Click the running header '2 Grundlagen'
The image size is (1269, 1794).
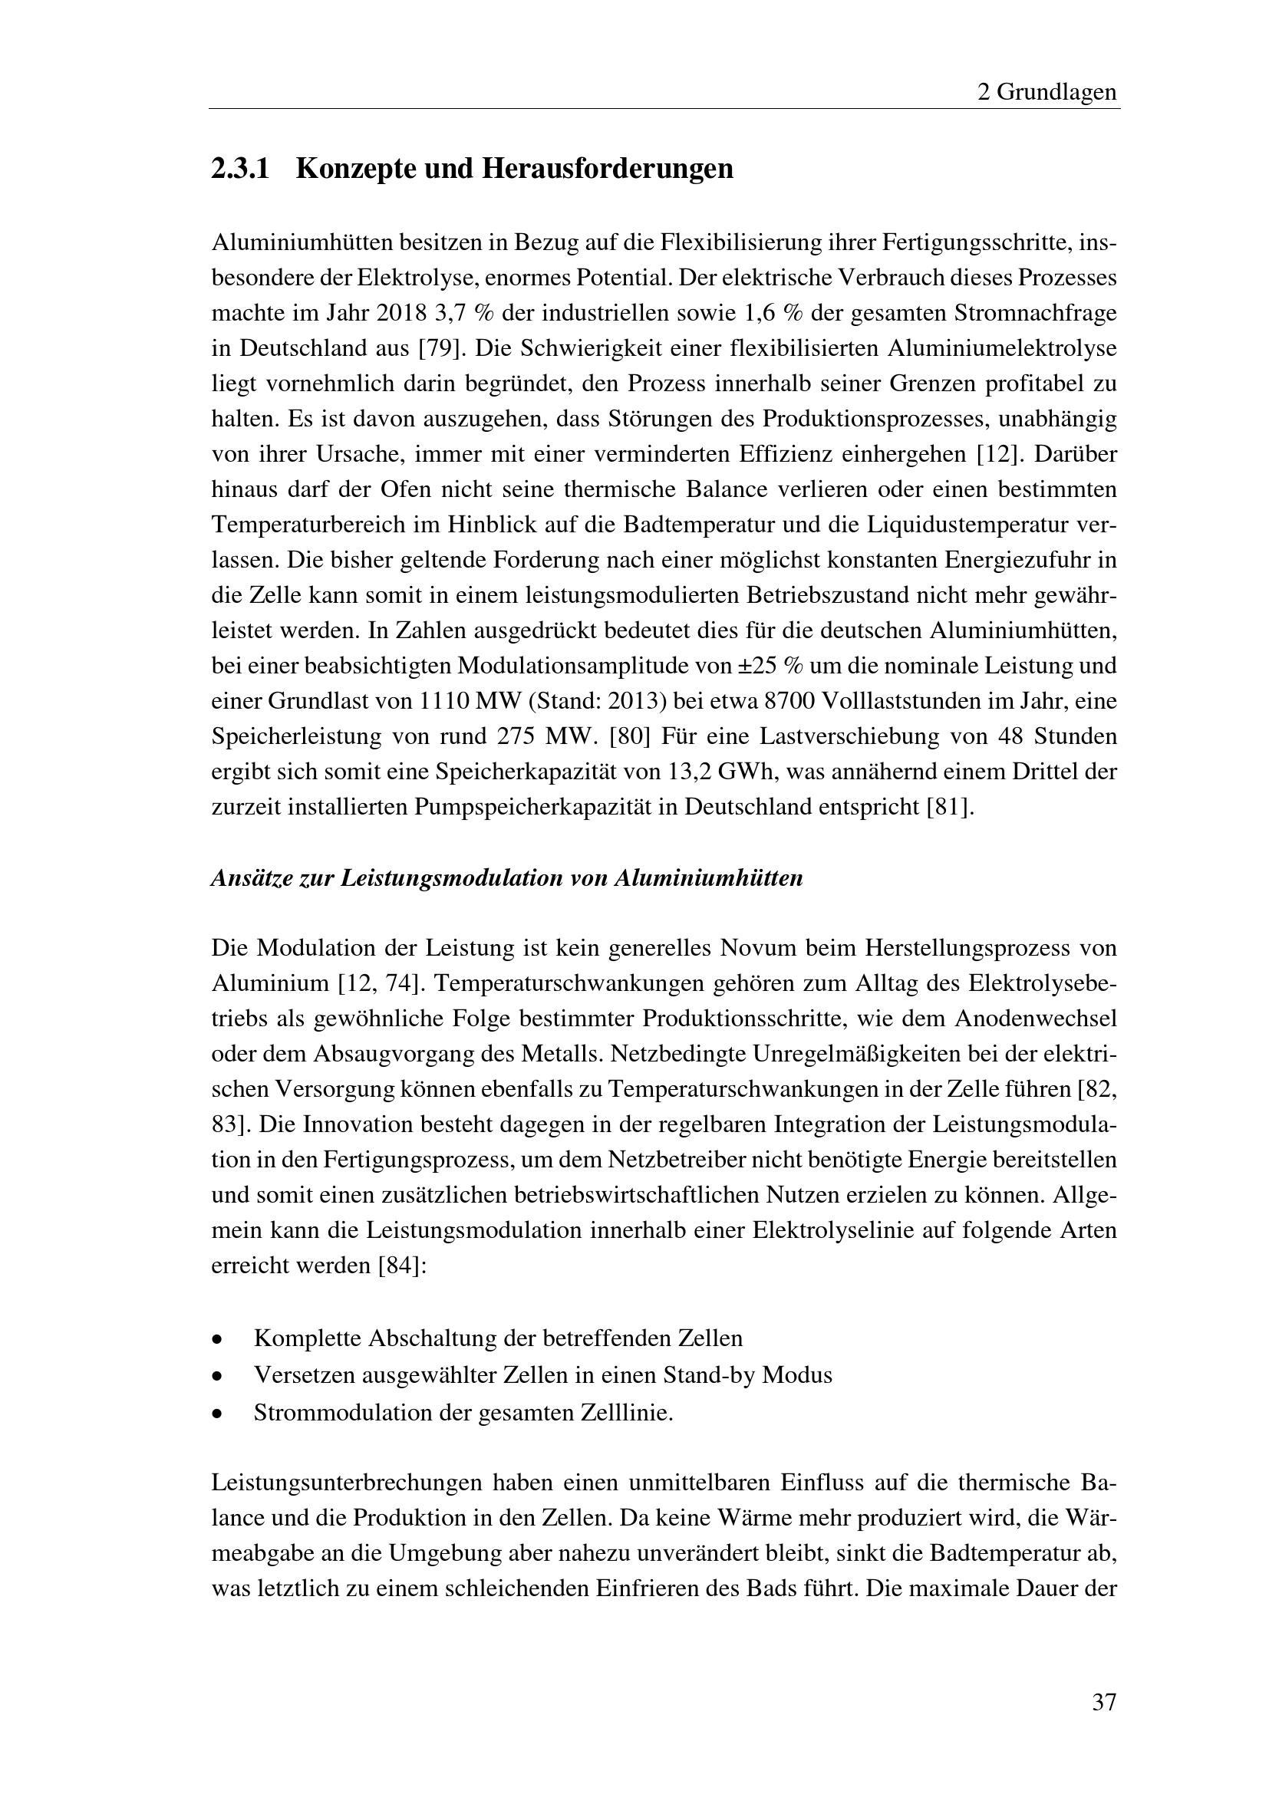point(1047,92)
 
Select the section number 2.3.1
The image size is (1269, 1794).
point(240,169)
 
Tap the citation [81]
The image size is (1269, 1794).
point(949,807)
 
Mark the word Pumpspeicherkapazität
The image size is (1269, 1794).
point(533,807)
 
